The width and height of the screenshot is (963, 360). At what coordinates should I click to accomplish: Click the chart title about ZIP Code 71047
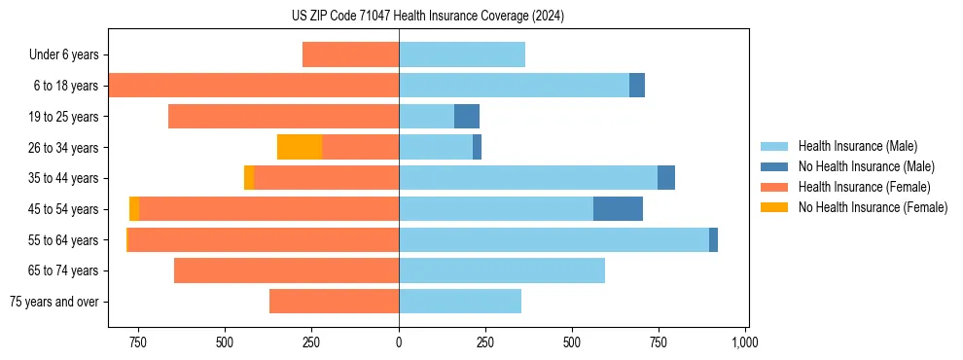(x=427, y=16)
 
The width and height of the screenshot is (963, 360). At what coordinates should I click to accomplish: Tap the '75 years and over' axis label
(x=54, y=302)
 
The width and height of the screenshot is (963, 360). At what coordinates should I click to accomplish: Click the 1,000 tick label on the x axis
(x=745, y=342)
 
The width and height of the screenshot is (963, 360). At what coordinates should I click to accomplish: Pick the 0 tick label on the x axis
(x=399, y=342)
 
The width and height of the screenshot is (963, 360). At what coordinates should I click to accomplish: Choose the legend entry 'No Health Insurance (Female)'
(x=872, y=207)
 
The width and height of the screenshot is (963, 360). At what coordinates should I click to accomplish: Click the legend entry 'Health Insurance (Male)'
(x=857, y=146)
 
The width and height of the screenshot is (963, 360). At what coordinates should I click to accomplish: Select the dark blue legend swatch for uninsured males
(x=774, y=166)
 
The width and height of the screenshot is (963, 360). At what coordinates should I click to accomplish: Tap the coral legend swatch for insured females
(x=774, y=187)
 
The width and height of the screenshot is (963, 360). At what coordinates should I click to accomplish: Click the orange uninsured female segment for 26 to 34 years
(x=300, y=147)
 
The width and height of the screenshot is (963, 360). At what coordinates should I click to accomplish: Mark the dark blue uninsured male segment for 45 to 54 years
(x=618, y=209)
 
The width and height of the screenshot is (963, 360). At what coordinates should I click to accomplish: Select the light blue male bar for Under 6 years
(x=462, y=54)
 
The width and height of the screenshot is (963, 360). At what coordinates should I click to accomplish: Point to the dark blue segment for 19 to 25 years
(x=467, y=117)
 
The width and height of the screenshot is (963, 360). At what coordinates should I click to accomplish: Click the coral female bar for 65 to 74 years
(x=286, y=270)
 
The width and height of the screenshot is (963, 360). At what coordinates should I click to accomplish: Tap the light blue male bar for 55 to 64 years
(x=553, y=239)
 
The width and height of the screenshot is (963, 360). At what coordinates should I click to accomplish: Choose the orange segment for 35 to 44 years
(x=249, y=178)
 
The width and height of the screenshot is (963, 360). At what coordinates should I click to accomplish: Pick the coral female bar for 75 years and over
(x=334, y=302)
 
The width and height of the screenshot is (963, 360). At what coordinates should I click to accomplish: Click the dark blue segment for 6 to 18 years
(x=637, y=86)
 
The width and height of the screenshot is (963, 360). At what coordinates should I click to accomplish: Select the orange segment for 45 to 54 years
(x=134, y=209)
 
